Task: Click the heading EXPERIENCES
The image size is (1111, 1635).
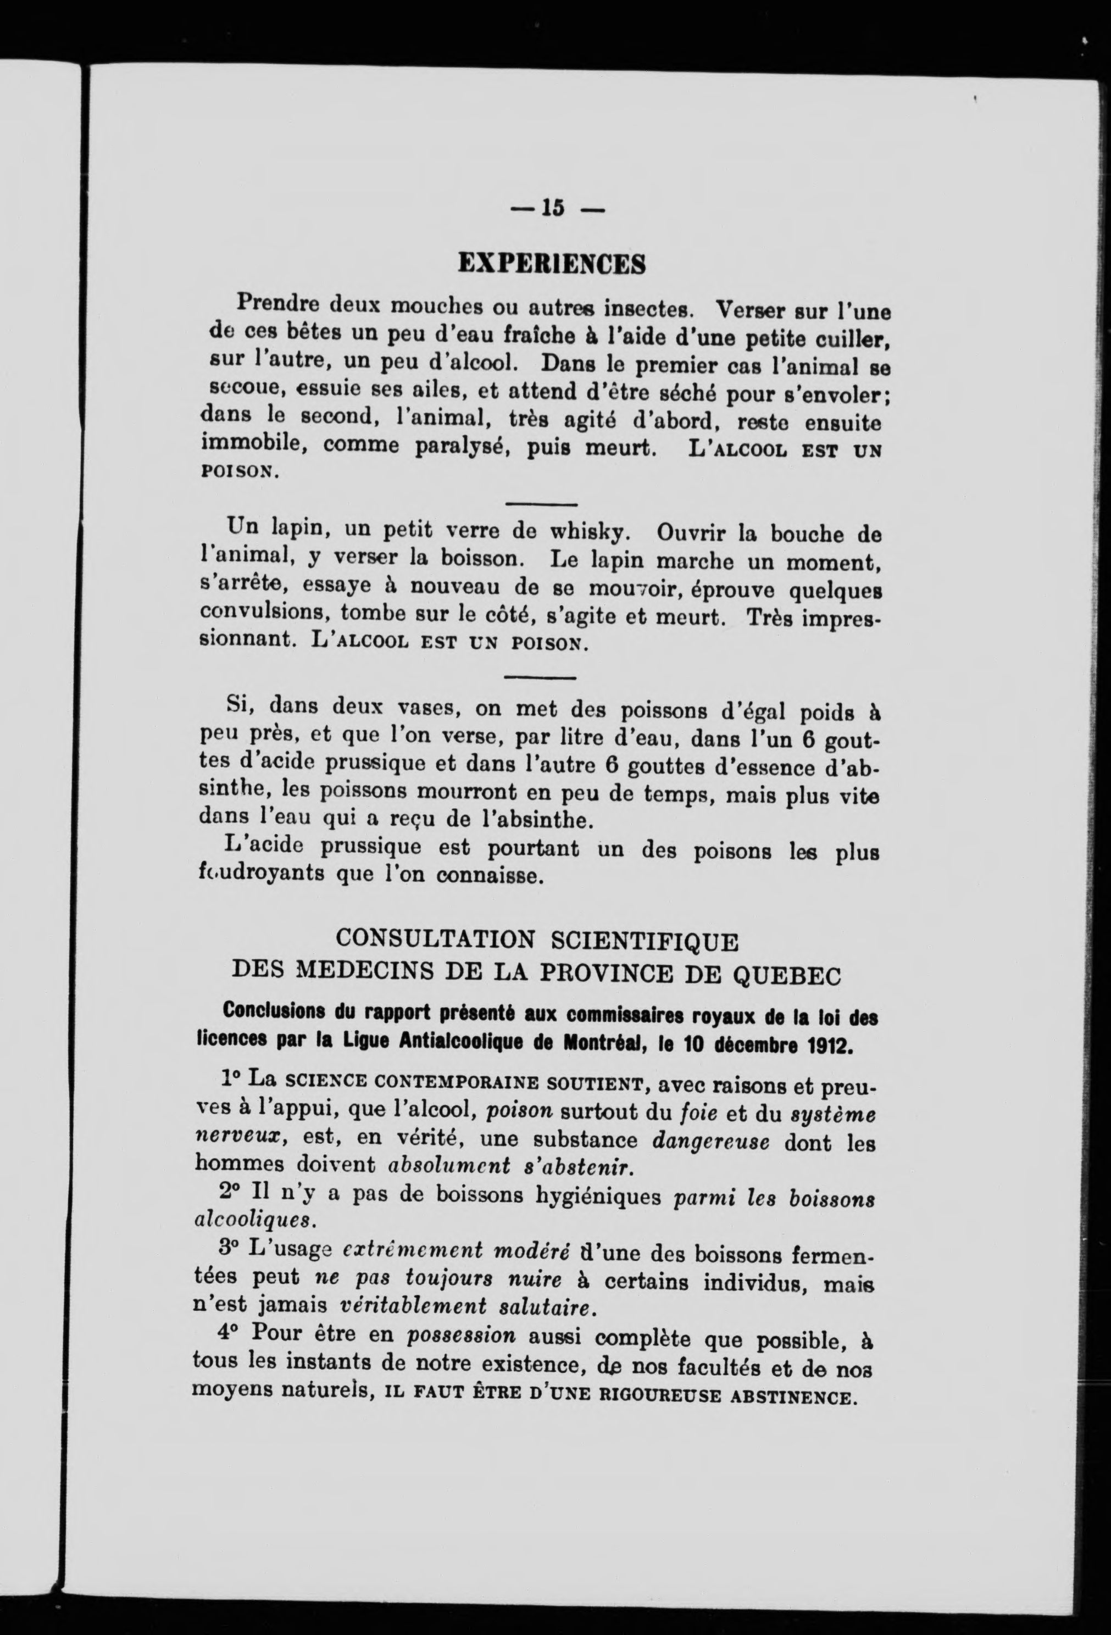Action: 552,264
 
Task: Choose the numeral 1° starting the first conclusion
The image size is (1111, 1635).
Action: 230,1078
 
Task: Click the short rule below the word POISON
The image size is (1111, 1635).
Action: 542,504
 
